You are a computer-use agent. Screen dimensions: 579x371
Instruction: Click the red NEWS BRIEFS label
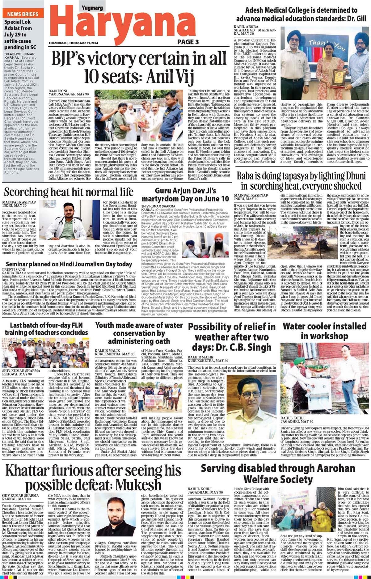[x=23, y=14]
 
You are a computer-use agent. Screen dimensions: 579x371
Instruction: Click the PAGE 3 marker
[x=188, y=42]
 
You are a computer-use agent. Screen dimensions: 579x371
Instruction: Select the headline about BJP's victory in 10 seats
[x=139, y=66]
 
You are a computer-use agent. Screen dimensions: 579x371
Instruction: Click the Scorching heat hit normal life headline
[x=69, y=192]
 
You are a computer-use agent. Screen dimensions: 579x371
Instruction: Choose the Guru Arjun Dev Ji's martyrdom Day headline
[x=185, y=195]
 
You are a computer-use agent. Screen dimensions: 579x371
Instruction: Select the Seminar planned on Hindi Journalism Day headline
[x=69, y=264]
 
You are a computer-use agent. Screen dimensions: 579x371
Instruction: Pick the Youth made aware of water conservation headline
[x=139, y=333]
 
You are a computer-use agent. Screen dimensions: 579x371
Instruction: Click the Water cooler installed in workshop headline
[x=324, y=331]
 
